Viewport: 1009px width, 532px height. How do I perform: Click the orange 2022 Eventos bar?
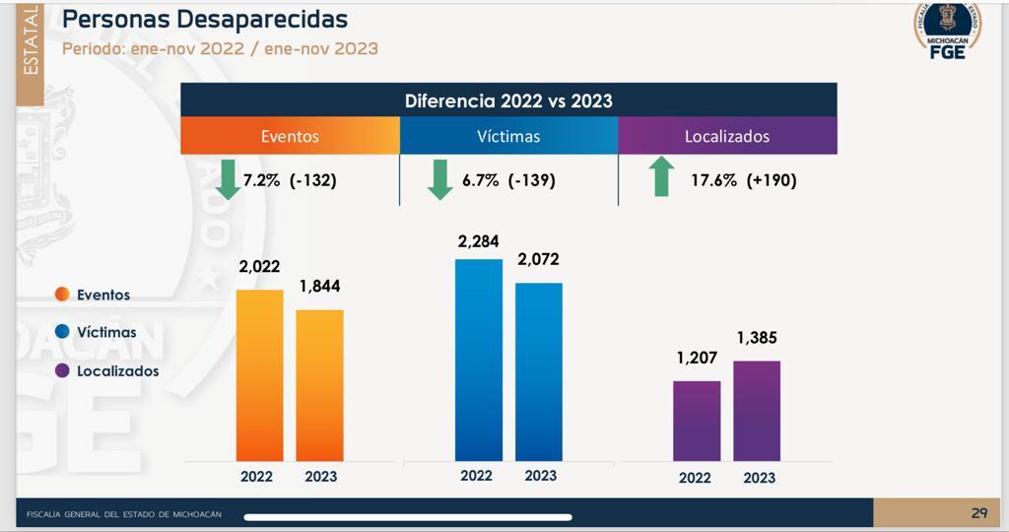260,374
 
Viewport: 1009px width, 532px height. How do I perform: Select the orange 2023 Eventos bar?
320,384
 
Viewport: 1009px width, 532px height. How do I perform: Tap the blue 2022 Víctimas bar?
479,360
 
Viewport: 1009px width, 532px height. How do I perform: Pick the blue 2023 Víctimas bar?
539,371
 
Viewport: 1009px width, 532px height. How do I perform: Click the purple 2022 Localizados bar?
697,420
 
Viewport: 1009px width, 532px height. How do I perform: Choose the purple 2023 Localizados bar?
757,410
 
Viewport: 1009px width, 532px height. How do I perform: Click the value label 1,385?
757,338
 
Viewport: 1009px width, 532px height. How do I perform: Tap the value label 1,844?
320,287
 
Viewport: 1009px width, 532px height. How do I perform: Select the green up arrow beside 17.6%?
661,178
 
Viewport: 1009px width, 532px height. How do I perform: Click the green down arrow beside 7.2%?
228,180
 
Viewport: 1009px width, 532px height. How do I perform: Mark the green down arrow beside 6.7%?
439,180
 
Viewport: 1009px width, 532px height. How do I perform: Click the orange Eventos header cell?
290,136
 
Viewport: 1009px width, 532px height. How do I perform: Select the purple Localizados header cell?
727,136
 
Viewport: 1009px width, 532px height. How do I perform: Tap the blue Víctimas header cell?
508,136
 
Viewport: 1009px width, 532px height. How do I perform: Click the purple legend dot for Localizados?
62,370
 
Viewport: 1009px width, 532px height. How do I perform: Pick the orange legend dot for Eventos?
62,294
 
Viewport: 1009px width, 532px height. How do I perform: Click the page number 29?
978,512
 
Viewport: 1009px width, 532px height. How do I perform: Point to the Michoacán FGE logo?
947,32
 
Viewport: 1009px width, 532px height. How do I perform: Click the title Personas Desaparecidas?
205,19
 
